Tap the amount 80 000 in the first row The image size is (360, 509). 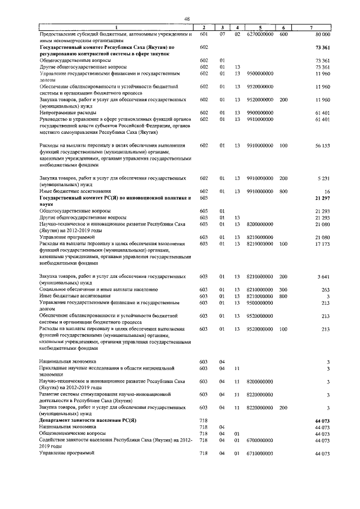[321, 34]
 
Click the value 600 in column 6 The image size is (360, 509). [283, 34]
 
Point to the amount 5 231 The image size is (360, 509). [322, 178]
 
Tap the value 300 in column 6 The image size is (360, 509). [283, 290]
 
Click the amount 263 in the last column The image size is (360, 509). [325, 290]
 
